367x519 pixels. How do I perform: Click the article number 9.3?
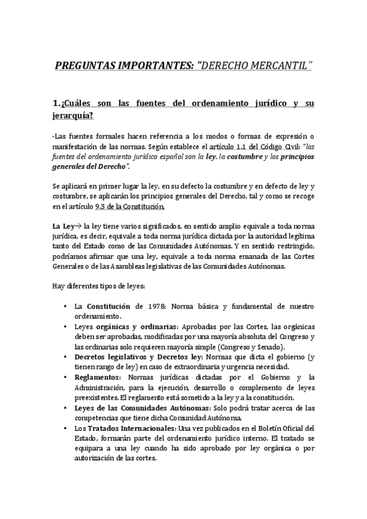click(102, 206)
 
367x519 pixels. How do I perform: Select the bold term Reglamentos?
click(96, 376)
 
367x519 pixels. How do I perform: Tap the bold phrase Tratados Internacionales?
click(123, 427)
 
